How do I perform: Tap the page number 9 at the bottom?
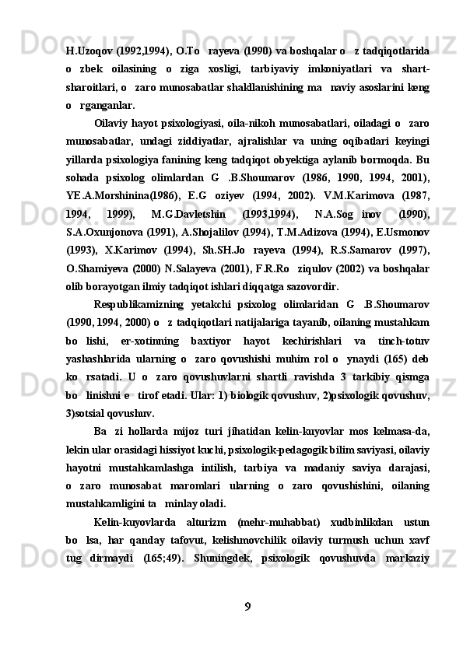[247, 606]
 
